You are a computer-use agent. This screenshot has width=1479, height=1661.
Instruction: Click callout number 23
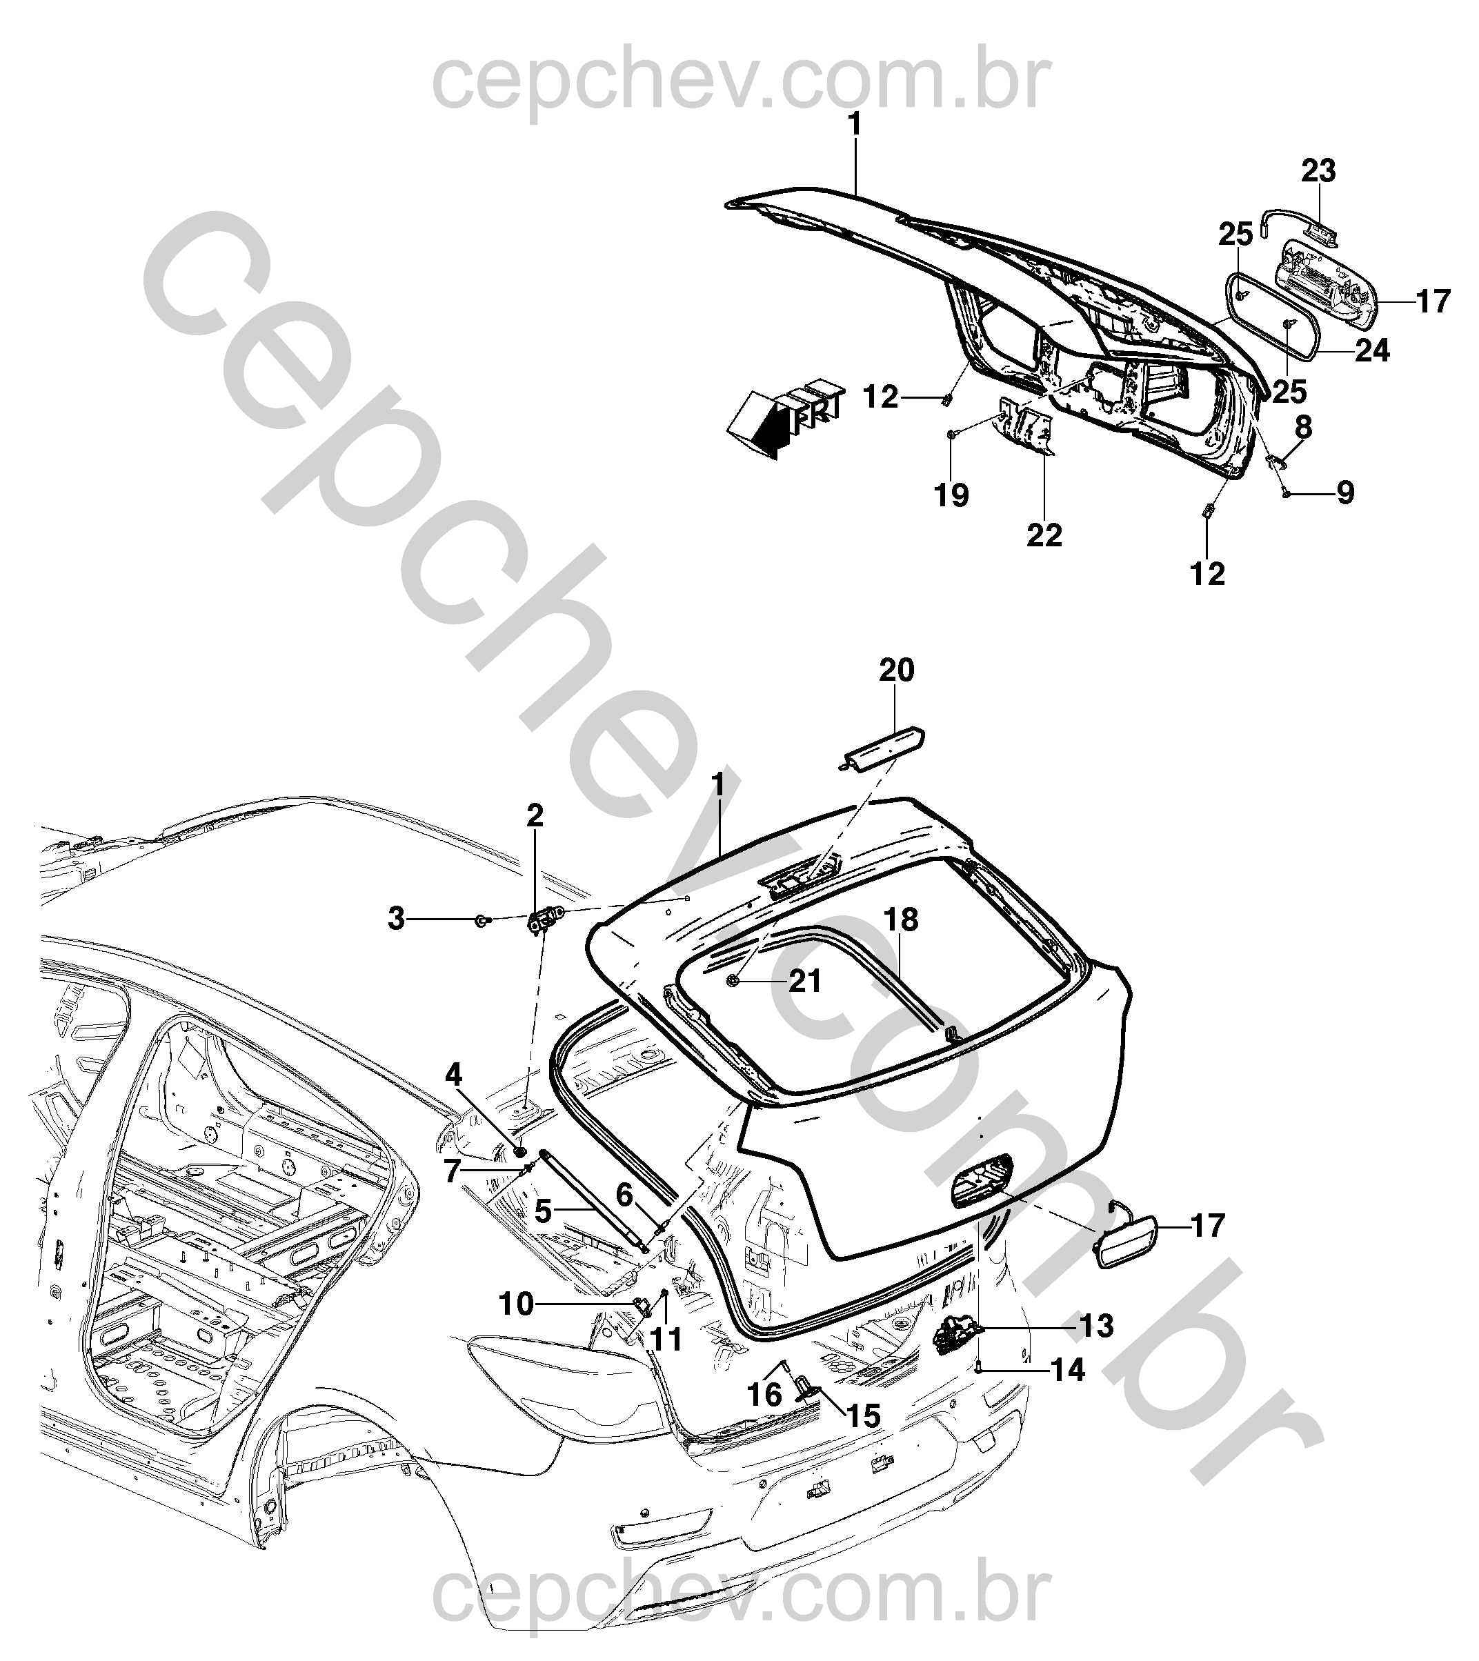pyautogui.click(x=1318, y=172)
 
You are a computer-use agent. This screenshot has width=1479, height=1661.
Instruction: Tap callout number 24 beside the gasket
pyautogui.click(x=1373, y=351)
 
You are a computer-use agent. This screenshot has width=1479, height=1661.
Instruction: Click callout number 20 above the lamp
pyautogui.click(x=896, y=670)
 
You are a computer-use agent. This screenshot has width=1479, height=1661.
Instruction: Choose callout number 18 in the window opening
pyautogui.click(x=901, y=920)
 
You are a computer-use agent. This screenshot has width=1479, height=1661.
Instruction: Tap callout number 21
pyautogui.click(x=805, y=982)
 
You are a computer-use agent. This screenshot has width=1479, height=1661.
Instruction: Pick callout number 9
pyautogui.click(x=1345, y=493)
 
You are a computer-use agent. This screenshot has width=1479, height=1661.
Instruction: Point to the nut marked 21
pyautogui.click(x=733, y=981)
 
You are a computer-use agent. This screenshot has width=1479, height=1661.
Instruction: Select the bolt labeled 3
pyautogui.click(x=483, y=921)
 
